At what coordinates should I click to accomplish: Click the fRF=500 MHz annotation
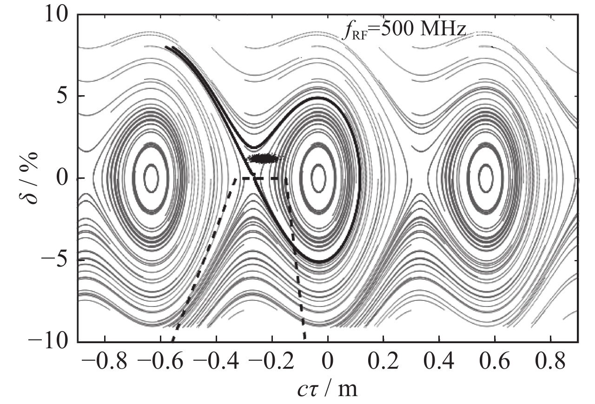click(403, 31)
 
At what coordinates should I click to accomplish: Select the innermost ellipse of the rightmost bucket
click(486, 177)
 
